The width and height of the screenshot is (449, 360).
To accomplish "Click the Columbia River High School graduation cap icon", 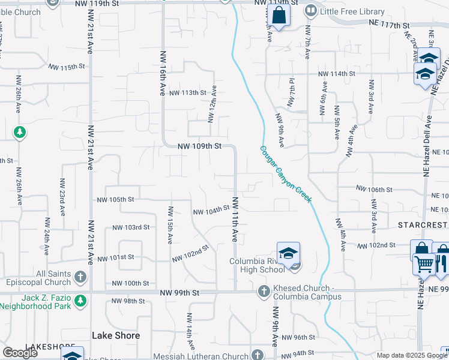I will click(x=288, y=253).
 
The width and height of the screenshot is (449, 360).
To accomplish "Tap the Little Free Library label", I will click(x=353, y=11).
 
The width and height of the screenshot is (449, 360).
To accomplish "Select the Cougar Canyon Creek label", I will click(x=286, y=173).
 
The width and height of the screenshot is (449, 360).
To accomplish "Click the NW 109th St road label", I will click(x=200, y=146).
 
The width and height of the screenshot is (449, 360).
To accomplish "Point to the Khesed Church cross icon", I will click(x=263, y=292).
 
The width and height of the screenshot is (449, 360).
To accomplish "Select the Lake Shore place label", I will click(x=116, y=335).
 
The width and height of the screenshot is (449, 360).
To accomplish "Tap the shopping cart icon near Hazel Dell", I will click(x=424, y=263).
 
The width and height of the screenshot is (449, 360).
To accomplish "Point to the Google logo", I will click(x=20, y=353).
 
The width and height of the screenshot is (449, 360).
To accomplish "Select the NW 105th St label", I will click(x=115, y=199).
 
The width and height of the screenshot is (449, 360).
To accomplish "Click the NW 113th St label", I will click(x=187, y=93).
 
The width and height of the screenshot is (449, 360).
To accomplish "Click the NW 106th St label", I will click(x=374, y=189).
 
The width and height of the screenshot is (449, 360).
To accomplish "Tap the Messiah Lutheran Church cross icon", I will click(x=258, y=355).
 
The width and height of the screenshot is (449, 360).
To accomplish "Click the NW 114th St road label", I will click(x=337, y=74).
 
